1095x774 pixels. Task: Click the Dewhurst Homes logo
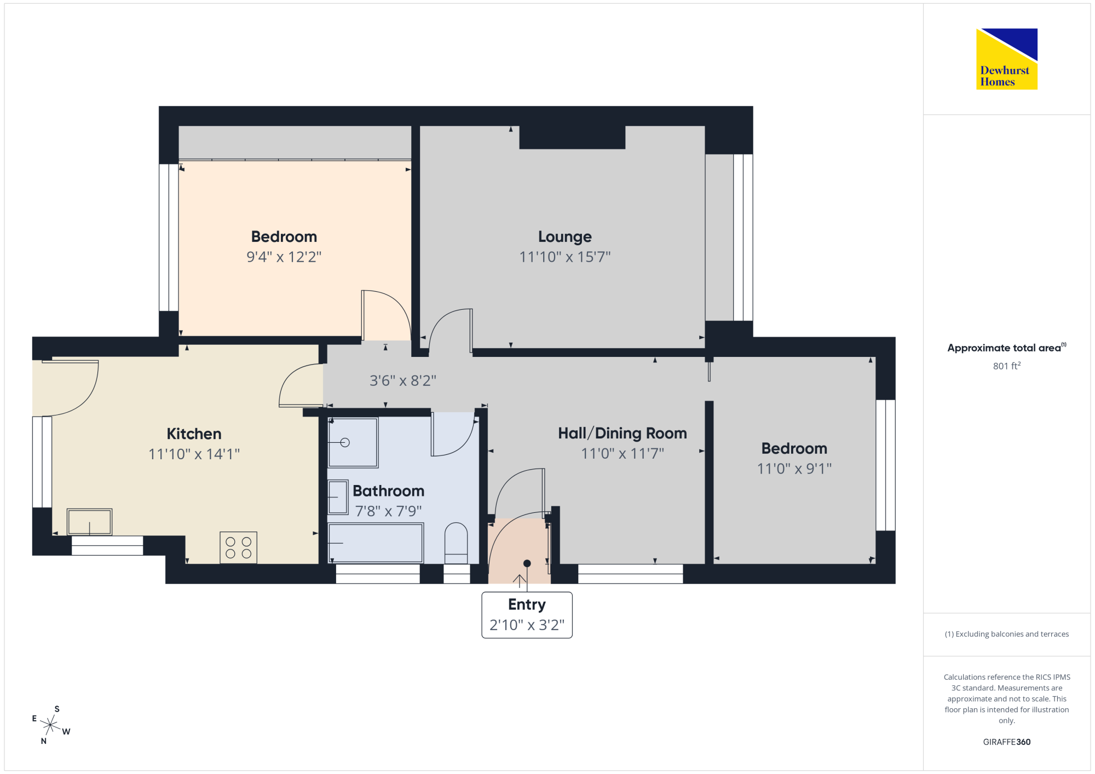click(x=1007, y=59)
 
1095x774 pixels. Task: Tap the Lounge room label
click(x=565, y=236)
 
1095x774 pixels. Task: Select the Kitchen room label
click(x=194, y=434)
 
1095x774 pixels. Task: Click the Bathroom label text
click(x=388, y=490)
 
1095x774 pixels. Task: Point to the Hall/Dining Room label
click(x=623, y=433)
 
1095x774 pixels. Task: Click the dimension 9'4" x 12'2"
click(x=284, y=257)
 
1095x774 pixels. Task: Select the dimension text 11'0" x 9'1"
click(x=794, y=469)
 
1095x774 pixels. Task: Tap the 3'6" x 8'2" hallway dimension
click(x=403, y=380)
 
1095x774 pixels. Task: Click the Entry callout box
click(x=527, y=615)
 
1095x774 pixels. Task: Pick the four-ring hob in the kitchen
click(x=239, y=547)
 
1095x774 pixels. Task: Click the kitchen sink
click(x=90, y=522)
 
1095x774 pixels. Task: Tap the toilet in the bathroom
click(x=456, y=543)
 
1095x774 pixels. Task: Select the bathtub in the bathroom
click(x=376, y=543)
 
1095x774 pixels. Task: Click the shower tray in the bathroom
click(x=353, y=442)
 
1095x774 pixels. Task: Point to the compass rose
click(x=51, y=725)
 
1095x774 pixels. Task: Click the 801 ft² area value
click(x=1007, y=366)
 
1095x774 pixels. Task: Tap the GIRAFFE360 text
click(x=1007, y=742)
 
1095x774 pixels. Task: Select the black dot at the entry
click(x=527, y=563)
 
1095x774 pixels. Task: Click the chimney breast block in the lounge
click(x=572, y=137)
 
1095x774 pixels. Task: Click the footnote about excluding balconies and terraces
click(x=1007, y=634)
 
